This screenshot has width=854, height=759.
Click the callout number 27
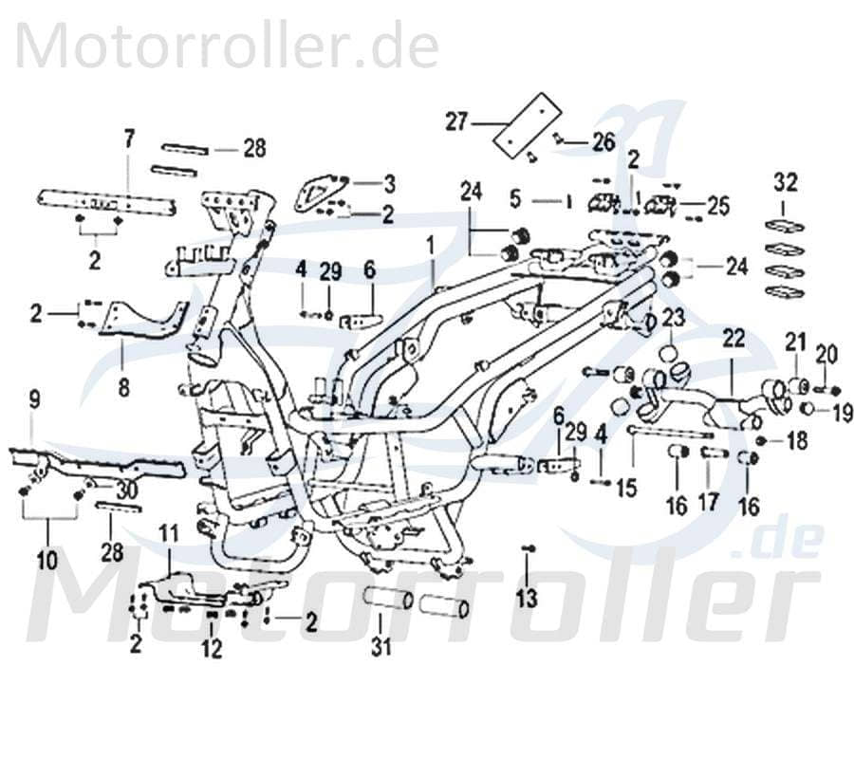coord(457,121)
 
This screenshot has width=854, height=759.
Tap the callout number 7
coord(129,138)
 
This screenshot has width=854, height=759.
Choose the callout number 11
coord(167,532)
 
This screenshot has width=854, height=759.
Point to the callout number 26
coord(604,142)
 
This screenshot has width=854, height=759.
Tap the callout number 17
coord(709,502)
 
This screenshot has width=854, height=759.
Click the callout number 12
coord(211,649)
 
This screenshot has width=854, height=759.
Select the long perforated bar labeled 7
coord(106,201)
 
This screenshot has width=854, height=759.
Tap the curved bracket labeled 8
coord(142,318)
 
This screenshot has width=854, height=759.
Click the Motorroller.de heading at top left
coord(228,46)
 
